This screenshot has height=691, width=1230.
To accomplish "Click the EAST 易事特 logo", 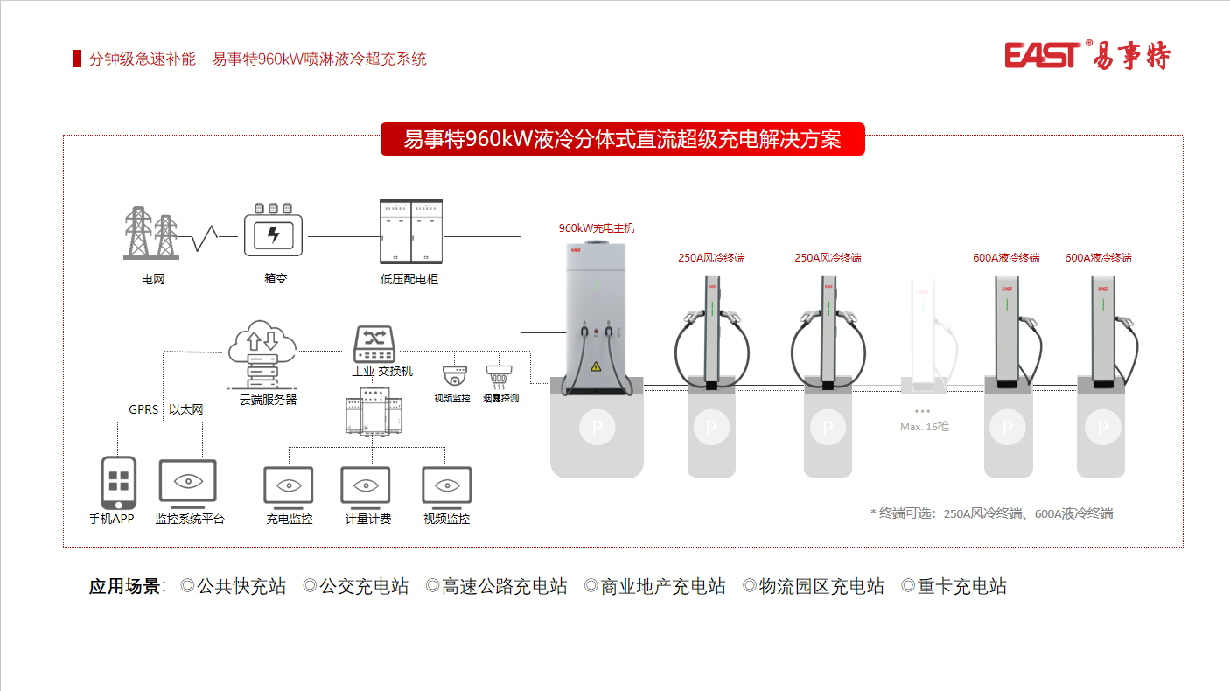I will (x=1087, y=55).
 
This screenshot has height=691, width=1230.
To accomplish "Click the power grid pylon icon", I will (x=151, y=234).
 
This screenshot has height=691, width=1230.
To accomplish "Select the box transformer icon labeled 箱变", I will (x=273, y=232).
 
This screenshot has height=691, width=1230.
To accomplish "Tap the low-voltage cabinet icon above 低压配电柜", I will (x=410, y=231).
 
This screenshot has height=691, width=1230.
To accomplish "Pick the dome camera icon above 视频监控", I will (x=453, y=375).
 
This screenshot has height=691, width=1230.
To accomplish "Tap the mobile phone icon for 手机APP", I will (x=119, y=482).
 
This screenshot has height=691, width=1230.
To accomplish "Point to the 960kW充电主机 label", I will (x=597, y=228).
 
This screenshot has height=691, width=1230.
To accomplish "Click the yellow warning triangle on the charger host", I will (x=597, y=366).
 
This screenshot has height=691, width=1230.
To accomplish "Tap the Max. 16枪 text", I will (x=924, y=426).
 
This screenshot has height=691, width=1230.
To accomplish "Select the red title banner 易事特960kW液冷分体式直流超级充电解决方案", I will (x=622, y=139).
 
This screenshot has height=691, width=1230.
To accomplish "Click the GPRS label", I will (x=143, y=409).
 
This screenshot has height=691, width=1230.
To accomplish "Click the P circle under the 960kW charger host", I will (x=597, y=428).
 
